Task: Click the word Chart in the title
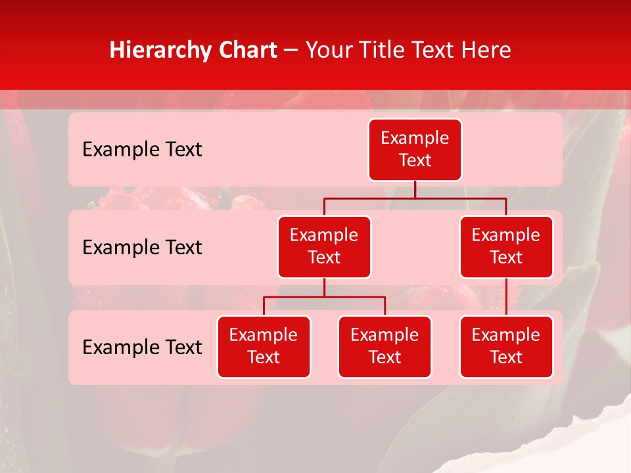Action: pyautogui.click(x=245, y=51)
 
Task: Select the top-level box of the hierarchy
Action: pyautogui.click(x=415, y=149)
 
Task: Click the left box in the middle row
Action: pyautogui.click(x=324, y=246)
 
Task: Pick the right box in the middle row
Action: pyautogui.click(x=506, y=246)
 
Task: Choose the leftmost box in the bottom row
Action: pyautogui.click(x=264, y=346)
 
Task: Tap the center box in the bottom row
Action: pyautogui.click(x=385, y=346)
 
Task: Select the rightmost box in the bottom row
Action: pyautogui.click(x=506, y=346)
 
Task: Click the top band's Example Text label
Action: pyautogui.click(x=142, y=150)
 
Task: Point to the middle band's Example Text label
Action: pyautogui.click(x=142, y=248)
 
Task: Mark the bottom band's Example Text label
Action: pyautogui.click(x=142, y=347)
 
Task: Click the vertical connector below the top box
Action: pyautogui.click(x=415, y=189)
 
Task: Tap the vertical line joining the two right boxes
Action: pyautogui.click(x=506, y=297)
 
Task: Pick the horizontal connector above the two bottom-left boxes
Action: pyautogui.click(x=324, y=297)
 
